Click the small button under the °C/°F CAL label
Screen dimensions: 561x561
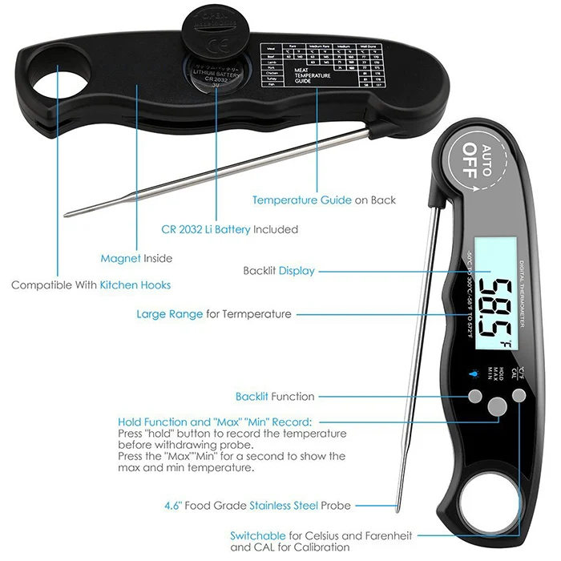point(520,395)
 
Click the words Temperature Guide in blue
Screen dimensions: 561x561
point(301,200)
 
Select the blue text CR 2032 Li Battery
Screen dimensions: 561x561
point(206,229)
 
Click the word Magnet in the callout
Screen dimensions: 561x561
point(120,258)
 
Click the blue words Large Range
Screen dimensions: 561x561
point(169,314)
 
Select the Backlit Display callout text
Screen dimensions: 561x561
point(279,271)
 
